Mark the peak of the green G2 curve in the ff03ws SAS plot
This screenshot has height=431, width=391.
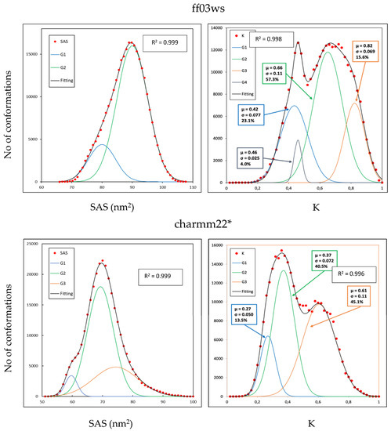tap(132, 44)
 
